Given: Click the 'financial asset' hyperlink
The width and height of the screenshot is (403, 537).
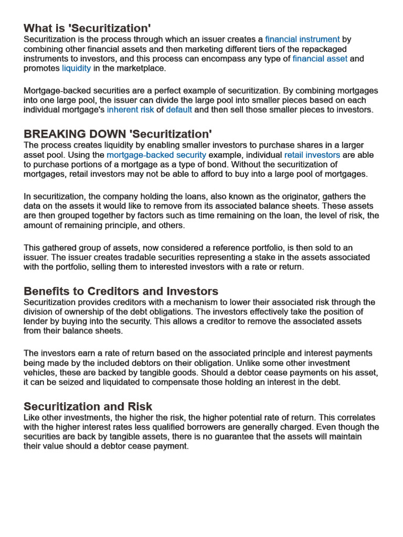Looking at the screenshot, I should [x=320, y=59].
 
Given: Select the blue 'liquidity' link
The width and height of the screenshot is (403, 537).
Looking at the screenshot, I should [x=76, y=68].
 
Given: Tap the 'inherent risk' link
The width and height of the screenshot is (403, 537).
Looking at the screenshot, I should [x=130, y=110].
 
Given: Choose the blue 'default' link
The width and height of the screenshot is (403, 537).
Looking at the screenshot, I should [x=179, y=110].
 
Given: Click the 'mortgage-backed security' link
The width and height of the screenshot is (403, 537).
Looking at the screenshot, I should [x=156, y=155].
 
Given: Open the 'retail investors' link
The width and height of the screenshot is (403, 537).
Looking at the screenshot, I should [x=312, y=155].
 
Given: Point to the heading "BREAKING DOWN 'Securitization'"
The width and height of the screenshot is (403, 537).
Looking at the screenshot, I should [x=118, y=134].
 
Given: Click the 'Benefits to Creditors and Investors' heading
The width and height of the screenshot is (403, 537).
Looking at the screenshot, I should [x=121, y=291].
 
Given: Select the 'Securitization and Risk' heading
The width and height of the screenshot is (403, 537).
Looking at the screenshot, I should [x=88, y=406].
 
